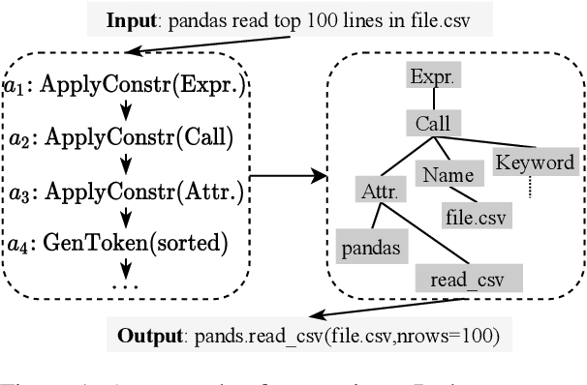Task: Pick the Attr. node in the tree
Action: tap(378, 190)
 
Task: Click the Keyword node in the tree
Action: tap(534, 163)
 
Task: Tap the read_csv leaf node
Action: tap(468, 281)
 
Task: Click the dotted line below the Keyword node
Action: tap(530, 188)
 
